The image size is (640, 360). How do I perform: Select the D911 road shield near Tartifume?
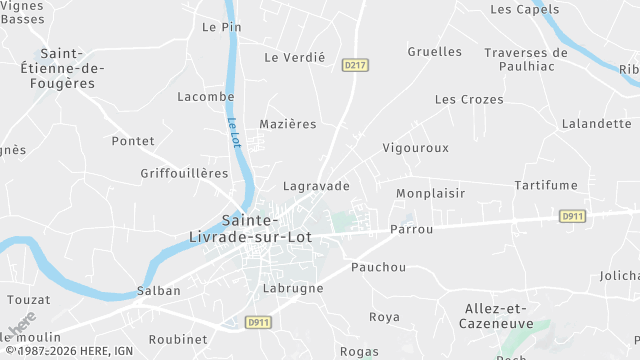pyautogui.click(x=572, y=215)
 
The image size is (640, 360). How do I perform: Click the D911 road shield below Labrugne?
pyautogui.click(x=259, y=322)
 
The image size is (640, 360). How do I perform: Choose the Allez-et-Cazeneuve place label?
pyautogui.click(x=507, y=316)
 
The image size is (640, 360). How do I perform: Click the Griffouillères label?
pyautogui.click(x=184, y=173)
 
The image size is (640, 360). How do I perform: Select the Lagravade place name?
pyautogui.click(x=317, y=186)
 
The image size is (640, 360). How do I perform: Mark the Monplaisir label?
pyautogui.click(x=432, y=193)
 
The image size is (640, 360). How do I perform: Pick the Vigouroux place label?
pyautogui.click(x=416, y=148)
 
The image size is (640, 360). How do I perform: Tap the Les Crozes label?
pyautogui.click(x=469, y=100)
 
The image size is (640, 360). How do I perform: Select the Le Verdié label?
pyautogui.click(x=294, y=58)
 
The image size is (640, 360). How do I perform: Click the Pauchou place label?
pyautogui.click(x=379, y=267)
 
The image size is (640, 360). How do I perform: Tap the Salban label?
pyautogui.click(x=158, y=291)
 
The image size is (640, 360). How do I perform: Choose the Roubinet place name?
pyautogui.click(x=178, y=339)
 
